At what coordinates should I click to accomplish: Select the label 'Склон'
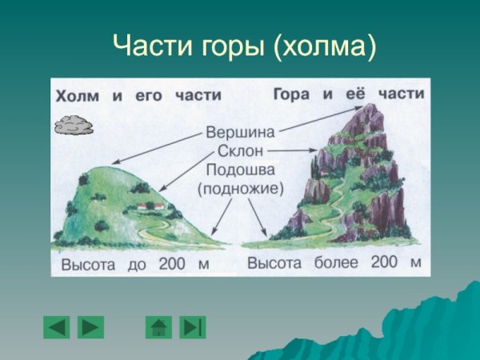[240, 150]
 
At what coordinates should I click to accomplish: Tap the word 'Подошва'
[240, 170]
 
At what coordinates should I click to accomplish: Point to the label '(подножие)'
[240, 189]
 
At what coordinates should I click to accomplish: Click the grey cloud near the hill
[73, 125]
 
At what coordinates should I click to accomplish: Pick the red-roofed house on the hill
[151, 206]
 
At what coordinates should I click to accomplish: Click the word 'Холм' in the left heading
[78, 96]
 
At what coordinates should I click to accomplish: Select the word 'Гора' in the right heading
[293, 94]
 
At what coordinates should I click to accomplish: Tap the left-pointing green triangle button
[57, 326]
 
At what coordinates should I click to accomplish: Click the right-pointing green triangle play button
[91, 326]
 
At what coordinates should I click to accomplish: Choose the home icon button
[158, 326]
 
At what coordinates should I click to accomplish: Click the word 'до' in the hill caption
[137, 265]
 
